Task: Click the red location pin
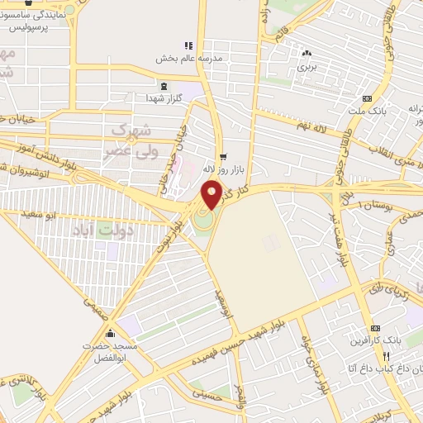coord(211,195)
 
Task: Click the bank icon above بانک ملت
coord(367,98)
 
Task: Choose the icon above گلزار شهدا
coord(162,86)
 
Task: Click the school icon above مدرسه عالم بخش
coord(188,45)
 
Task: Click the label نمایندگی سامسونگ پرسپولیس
coord(34,21)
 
